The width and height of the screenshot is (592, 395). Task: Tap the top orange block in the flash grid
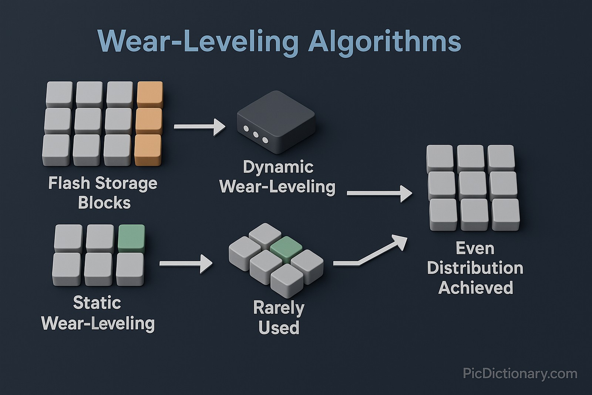point(150,94)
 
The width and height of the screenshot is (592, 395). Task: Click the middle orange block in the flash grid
point(149,121)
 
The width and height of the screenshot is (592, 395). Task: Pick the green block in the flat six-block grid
point(131,238)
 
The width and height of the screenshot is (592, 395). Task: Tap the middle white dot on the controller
point(256,135)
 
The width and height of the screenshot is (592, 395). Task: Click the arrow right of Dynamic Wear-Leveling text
point(379,193)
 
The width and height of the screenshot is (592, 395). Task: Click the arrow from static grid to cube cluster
point(186,263)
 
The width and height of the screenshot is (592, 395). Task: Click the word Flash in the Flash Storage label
point(69,183)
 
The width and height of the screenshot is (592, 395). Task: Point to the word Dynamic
point(278,167)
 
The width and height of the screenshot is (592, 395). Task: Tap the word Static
point(97,303)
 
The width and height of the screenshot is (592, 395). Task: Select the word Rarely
point(279,308)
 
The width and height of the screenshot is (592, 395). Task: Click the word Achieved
point(475,288)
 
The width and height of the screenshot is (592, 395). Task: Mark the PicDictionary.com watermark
point(520,374)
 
